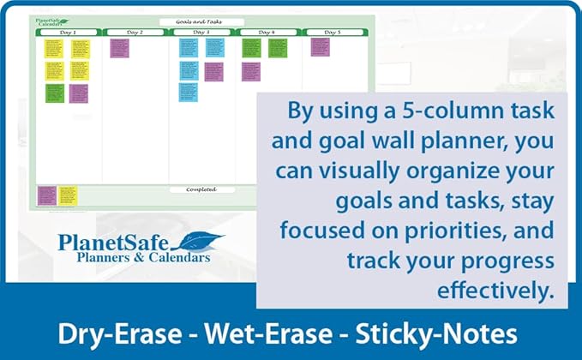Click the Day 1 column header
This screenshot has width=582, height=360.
click(x=69, y=33)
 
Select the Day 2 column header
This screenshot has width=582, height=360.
click(x=135, y=33)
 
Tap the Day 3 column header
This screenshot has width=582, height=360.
click(x=201, y=33)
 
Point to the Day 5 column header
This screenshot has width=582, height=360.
click(x=333, y=33)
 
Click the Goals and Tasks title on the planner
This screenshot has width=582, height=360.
click(x=201, y=22)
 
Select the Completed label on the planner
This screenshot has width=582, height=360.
click(x=201, y=189)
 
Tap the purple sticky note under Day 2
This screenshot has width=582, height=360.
click(x=119, y=48)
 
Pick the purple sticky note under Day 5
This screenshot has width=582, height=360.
click(x=320, y=47)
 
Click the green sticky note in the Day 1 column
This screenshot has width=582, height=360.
click(x=55, y=93)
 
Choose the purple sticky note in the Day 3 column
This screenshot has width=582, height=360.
click(x=213, y=71)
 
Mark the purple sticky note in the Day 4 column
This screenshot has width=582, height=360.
click(x=250, y=71)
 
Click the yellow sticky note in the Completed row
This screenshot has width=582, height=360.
click(x=68, y=196)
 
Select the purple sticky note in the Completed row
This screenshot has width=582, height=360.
click(x=46, y=196)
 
